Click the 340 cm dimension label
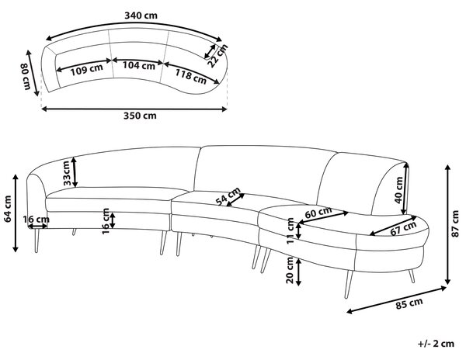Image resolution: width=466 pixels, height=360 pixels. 141,16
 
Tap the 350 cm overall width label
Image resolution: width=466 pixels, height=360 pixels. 140,116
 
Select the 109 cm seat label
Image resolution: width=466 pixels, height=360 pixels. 87,70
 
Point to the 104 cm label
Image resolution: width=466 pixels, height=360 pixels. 139,65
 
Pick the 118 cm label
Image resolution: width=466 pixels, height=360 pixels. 190,76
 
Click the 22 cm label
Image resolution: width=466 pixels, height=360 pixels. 217,56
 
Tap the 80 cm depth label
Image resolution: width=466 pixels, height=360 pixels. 26,77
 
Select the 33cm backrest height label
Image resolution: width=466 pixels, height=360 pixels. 67,173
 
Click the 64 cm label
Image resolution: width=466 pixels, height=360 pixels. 8,209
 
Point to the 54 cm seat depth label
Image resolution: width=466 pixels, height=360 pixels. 228,196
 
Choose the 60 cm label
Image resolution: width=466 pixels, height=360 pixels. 318,212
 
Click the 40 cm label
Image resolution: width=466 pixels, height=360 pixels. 399,190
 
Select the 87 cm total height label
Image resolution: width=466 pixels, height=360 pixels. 455,223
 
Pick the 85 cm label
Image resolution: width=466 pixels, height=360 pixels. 409,304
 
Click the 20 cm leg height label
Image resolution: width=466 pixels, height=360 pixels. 290,270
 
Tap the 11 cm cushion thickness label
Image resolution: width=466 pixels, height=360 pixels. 290,231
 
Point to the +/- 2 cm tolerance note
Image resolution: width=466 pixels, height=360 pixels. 436,344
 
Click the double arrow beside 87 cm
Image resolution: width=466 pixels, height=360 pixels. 447,224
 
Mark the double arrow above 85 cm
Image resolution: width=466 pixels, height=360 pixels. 396,299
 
